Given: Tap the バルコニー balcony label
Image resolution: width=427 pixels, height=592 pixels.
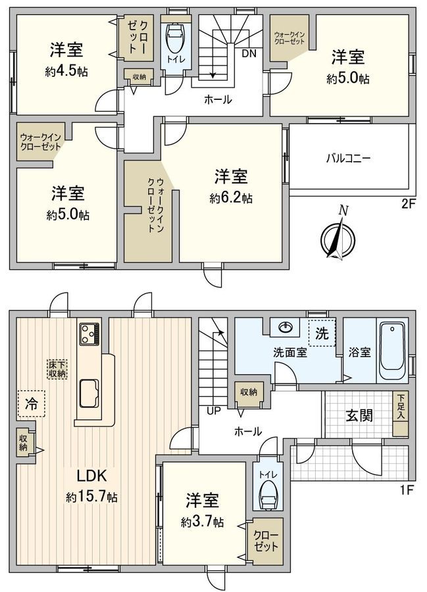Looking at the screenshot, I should click(x=349, y=159).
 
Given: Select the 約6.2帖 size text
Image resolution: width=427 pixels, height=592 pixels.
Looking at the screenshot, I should click(x=231, y=197).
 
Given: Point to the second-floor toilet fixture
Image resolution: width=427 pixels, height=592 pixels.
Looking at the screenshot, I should click(x=176, y=41).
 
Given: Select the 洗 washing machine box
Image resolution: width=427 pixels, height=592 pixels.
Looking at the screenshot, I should click(x=321, y=333).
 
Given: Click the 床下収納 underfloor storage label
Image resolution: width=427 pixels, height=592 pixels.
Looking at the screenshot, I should click(x=57, y=368).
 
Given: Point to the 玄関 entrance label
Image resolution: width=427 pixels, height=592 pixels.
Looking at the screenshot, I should click(x=359, y=415).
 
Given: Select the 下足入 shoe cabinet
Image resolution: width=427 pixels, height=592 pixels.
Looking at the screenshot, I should click(x=399, y=414).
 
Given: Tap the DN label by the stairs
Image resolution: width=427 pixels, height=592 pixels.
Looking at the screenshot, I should click(x=249, y=53).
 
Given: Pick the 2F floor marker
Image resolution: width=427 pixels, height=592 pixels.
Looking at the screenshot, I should click(x=409, y=203).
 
